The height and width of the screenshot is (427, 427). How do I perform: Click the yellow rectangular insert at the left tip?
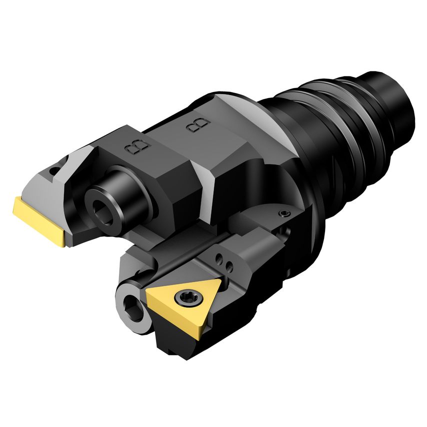click(x=40, y=219)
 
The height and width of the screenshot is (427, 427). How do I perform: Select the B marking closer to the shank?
click(x=198, y=125)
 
